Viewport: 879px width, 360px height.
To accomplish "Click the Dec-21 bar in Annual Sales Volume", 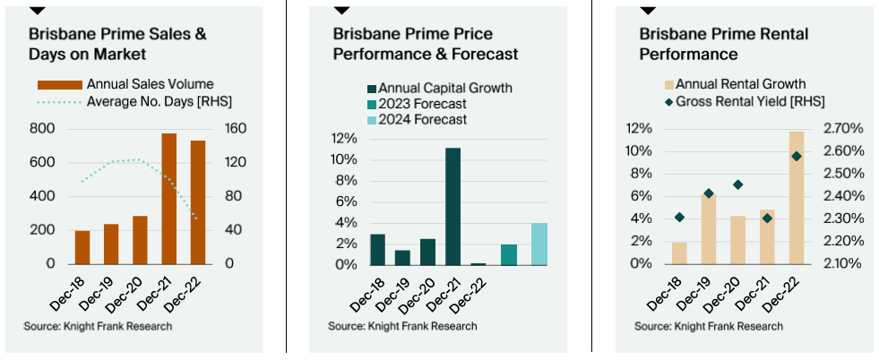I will (x=168, y=199).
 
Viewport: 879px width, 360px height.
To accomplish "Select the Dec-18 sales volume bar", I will (x=82, y=247).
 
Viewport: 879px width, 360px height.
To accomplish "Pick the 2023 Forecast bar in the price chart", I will (x=509, y=254).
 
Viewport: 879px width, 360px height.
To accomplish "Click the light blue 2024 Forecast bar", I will (x=539, y=244).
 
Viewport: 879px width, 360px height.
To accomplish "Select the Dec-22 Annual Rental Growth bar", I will (x=796, y=198).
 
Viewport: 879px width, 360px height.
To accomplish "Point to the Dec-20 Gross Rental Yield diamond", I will (x=737, y=184).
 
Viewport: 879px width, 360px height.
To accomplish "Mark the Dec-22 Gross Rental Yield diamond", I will (x=796, y=156).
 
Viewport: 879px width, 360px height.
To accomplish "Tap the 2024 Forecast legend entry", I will (x=421, y=120).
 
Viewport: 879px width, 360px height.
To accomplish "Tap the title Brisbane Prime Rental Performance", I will (x=723, y=44).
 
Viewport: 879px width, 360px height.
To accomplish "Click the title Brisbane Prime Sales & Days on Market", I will (x=117, y=44).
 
